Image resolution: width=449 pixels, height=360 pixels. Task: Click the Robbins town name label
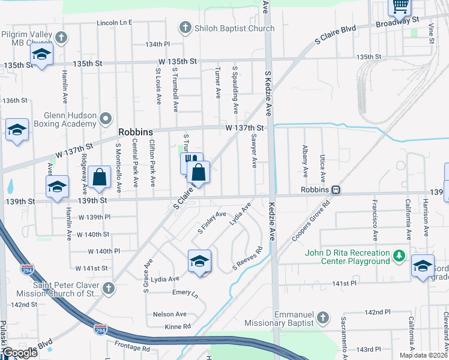136,132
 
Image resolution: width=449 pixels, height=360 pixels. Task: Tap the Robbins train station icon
337,190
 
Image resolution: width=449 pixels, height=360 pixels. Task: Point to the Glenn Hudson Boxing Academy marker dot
106,118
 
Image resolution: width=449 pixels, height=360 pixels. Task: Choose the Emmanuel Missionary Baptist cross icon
322,317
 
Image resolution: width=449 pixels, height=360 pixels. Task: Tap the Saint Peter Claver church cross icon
109,289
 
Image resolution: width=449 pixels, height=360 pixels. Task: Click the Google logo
20,353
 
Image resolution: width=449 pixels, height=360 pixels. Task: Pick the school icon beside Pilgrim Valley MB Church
41,56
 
